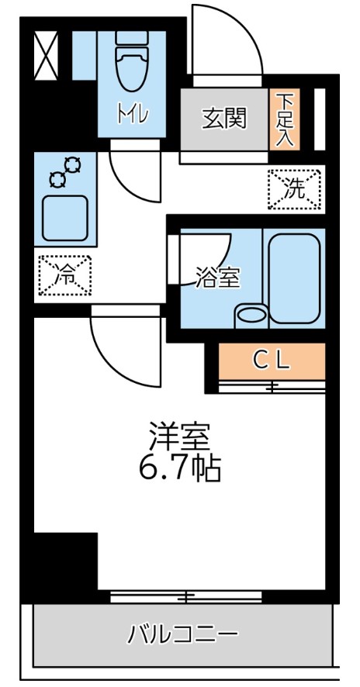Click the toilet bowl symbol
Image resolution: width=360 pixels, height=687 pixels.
click(x=131, y=66)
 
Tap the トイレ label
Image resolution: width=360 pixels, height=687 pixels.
click(x=131, y=115)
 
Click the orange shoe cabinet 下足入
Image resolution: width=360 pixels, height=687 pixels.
click(x=285, y=119)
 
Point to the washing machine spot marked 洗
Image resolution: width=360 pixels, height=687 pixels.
click(x=294, y=189)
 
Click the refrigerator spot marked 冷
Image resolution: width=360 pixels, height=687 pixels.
click(x=65, y=274)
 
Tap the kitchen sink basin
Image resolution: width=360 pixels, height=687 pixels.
click(x=65, y=218)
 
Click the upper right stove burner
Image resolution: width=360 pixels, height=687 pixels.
click(x=74, y=164)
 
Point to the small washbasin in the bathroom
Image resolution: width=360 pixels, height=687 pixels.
click(x=251, y=315)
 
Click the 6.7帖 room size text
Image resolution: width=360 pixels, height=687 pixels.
click(x=180, y=467)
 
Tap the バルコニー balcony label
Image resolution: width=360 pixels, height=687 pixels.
click(x=182, y=636)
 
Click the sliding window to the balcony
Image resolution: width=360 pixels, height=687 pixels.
click(x=185, y=596)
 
